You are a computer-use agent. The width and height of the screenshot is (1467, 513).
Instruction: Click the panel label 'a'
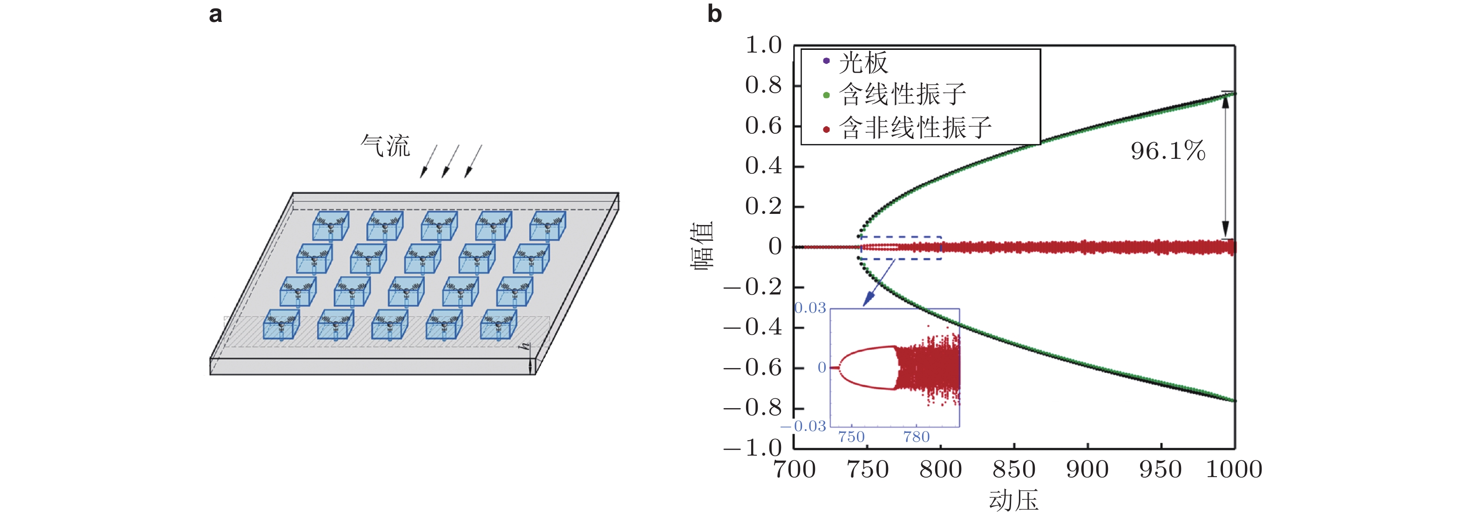point(215,14)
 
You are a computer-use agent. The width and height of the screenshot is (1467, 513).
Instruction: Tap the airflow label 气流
point(385,145)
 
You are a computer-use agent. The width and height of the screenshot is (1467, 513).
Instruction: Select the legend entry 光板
point(863,62)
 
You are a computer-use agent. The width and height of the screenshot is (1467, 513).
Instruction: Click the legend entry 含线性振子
point(902,95)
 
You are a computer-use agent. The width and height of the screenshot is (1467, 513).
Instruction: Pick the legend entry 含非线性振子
point(915,128)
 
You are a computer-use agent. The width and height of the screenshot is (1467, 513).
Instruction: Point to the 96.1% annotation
point(1168,151)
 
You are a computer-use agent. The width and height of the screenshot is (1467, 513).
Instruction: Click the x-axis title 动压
point(1013,500)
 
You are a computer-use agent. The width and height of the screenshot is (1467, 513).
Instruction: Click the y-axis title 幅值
point(702,246)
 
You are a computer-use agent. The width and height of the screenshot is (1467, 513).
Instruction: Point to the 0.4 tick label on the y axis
point(763,166)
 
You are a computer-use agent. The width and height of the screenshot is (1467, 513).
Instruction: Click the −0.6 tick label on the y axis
point(753,368)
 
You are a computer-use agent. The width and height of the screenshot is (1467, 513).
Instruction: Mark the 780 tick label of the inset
point(917,437)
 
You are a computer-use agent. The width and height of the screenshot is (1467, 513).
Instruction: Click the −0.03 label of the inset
point(803,426)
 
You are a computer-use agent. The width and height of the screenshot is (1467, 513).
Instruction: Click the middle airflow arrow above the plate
point(450,161)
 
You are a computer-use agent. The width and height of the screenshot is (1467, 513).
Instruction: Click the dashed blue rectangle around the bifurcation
point(900,237)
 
